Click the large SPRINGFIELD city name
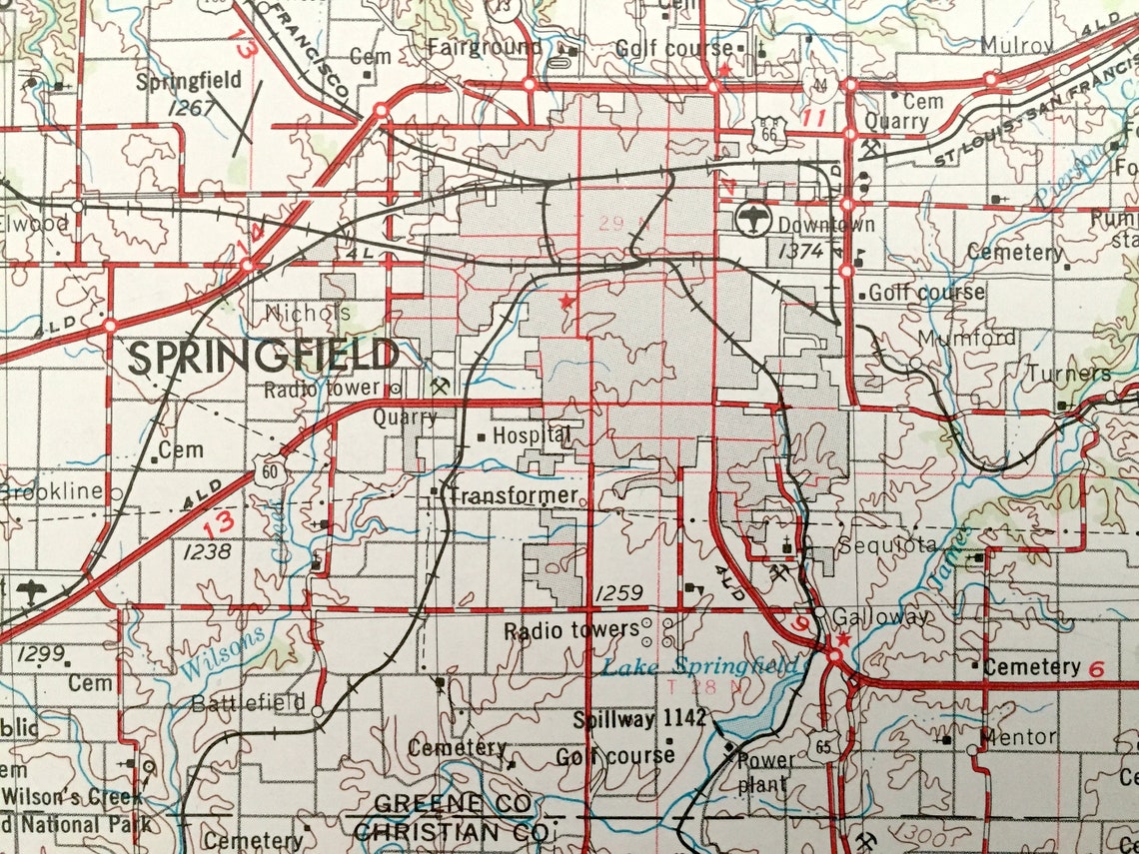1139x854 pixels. click(264, 357)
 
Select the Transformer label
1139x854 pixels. click(513, 494)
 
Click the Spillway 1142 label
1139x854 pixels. click(639, 718)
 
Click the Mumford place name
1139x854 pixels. click(966, 338)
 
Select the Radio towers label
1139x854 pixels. click(570, 630)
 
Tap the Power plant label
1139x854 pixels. click(766, 771)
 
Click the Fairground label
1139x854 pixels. click(485, 47)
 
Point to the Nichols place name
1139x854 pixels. click(308, 312)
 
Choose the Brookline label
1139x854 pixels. click(52, 491)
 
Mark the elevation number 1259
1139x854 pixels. click(618, 594)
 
